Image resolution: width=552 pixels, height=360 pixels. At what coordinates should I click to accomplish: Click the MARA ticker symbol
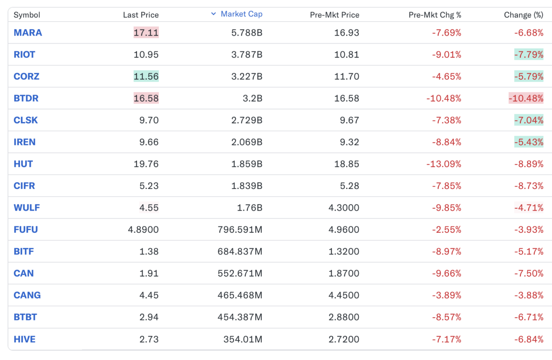coord(28,33)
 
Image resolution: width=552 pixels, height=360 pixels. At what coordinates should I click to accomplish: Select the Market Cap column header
coord(241,14)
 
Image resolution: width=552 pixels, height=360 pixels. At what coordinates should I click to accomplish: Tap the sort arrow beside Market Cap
coord(213,14)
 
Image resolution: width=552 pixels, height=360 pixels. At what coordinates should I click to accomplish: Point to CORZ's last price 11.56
coord(146,76)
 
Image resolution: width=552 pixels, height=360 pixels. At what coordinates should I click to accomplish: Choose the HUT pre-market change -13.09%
coord(443,164)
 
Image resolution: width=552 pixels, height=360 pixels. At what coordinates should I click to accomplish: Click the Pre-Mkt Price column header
coord(335,15)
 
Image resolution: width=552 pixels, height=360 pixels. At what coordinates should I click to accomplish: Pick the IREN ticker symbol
coord(25,142)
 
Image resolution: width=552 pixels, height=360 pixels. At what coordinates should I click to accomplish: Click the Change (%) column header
coord(523,15)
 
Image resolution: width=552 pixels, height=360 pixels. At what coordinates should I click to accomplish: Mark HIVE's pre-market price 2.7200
coord(344,339)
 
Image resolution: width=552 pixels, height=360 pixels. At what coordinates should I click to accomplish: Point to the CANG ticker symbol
coord(27,295)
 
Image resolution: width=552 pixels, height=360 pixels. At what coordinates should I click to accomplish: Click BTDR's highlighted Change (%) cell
coord(526,99)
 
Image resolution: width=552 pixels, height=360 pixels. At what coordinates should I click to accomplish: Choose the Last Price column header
coord(140,15)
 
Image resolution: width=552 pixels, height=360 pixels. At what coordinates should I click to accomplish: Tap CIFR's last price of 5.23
coord(149,186)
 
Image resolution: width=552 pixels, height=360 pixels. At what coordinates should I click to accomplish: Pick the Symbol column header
coord(27,15)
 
